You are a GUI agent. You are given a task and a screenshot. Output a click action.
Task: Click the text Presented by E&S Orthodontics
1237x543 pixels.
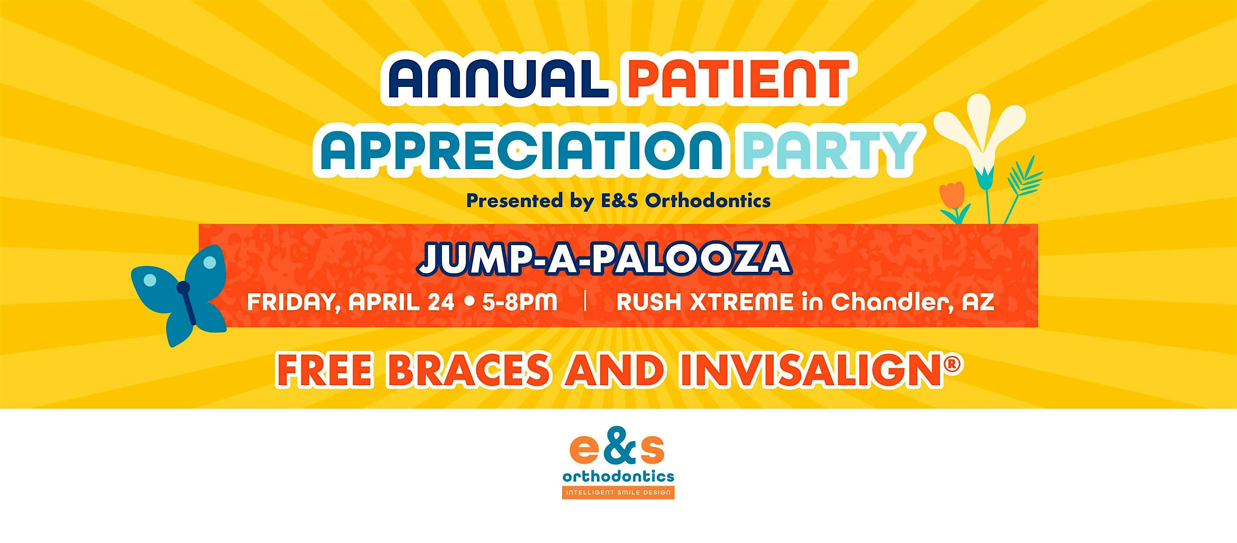coord(618,200)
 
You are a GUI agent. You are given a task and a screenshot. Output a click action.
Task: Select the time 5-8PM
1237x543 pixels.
coord(519,302)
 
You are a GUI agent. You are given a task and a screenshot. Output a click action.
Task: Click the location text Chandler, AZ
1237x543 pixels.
coord(912,302)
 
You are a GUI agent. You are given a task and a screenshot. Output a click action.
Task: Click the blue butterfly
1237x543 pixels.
coord(179,296)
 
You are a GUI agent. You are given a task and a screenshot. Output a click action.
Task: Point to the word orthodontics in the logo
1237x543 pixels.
coord(618,477)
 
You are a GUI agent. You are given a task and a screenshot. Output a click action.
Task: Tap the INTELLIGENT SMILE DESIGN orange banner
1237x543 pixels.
coord(618,493)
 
